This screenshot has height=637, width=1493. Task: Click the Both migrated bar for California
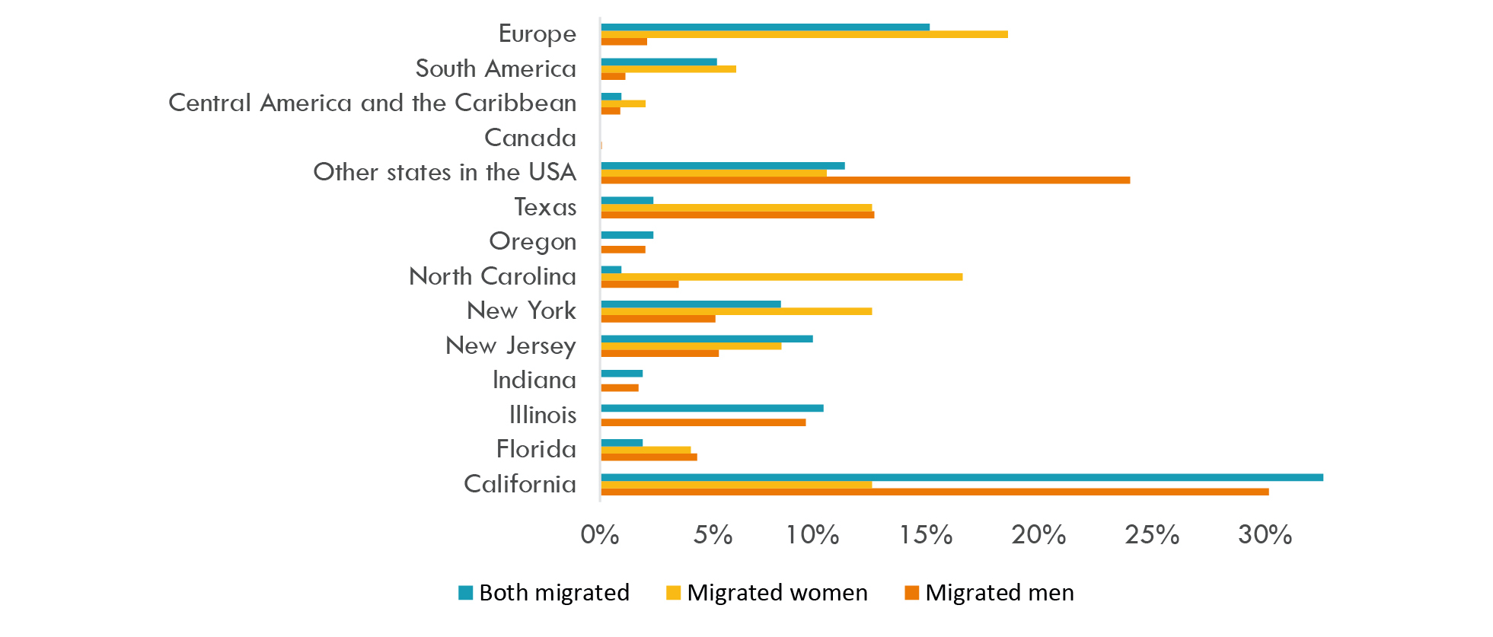coord(962,477)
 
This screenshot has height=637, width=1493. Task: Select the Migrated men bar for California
coord(934,492)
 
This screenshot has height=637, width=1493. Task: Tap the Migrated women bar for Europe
coord(804,34)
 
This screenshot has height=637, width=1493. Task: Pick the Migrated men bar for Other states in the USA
coord(865,180)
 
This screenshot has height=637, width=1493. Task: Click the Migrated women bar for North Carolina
coord(781,277)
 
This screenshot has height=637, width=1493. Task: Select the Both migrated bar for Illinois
coord(712,408)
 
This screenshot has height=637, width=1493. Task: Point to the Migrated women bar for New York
coord(736,311)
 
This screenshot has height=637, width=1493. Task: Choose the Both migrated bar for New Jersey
coord(707,339)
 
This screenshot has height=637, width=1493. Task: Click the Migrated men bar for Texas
coord(737,215)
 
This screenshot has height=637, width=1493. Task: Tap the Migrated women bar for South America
coord(668,69)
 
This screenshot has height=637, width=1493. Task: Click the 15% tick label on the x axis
coord(925,535)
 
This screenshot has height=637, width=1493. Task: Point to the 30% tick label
coord(1265,535)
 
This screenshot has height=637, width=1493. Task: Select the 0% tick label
coord(599,535)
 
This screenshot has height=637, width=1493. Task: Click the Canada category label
coord(530,138)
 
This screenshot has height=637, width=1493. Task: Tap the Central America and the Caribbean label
coord(372,103)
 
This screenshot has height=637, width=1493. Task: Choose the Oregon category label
coord(532,242)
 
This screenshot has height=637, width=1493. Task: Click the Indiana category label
coord(534,380)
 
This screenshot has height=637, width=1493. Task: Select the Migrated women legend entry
coord(767,593)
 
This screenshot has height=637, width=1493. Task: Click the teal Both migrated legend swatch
coord(466,593)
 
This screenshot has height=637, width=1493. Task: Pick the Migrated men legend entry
coord(989,593)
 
